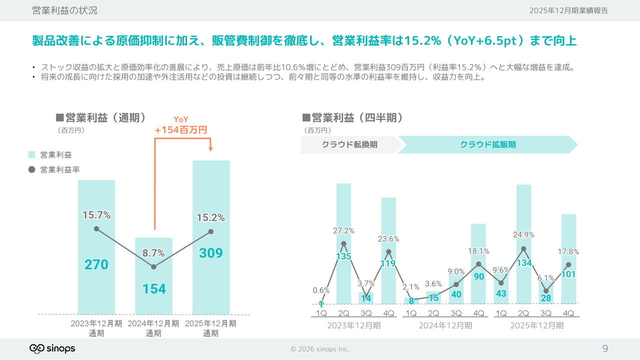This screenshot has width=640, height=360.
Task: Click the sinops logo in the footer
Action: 52,348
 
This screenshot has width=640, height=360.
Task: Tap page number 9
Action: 605,348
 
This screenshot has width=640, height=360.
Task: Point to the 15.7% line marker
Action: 96,229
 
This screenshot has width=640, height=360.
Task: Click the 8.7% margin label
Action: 153,253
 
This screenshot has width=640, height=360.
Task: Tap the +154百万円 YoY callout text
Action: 180,130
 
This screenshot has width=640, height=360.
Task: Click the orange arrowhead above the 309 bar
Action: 210,148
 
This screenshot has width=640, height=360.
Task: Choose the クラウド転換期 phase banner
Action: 349,144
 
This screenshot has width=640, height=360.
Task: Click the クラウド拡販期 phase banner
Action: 487,144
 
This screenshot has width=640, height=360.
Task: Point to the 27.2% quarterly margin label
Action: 343,230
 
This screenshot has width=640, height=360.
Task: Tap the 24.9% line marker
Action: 523,248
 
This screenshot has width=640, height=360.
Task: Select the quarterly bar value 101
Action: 568,274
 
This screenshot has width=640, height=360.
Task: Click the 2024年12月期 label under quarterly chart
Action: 445,325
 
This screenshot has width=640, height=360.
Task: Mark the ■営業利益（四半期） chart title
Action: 352,117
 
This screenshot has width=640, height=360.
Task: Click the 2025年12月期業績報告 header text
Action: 568,10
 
